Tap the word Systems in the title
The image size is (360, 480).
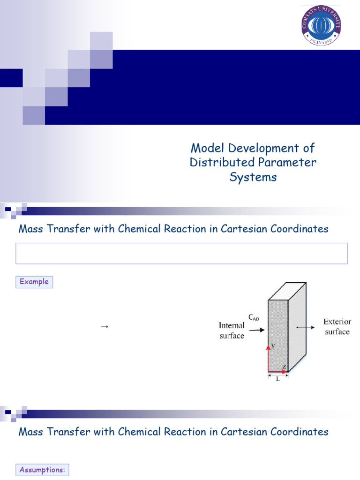coord(253,177)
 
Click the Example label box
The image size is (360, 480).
coord(34,282)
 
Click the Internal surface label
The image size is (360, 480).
coord(232,330)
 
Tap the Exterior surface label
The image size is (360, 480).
coord(337,327)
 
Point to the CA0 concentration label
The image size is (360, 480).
coord(254,317)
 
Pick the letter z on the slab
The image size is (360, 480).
coord(284,366)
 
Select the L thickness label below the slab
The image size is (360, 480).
coord(278,379)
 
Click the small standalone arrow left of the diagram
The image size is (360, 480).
coord(105,327)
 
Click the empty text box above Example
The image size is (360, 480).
coord(181,253)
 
